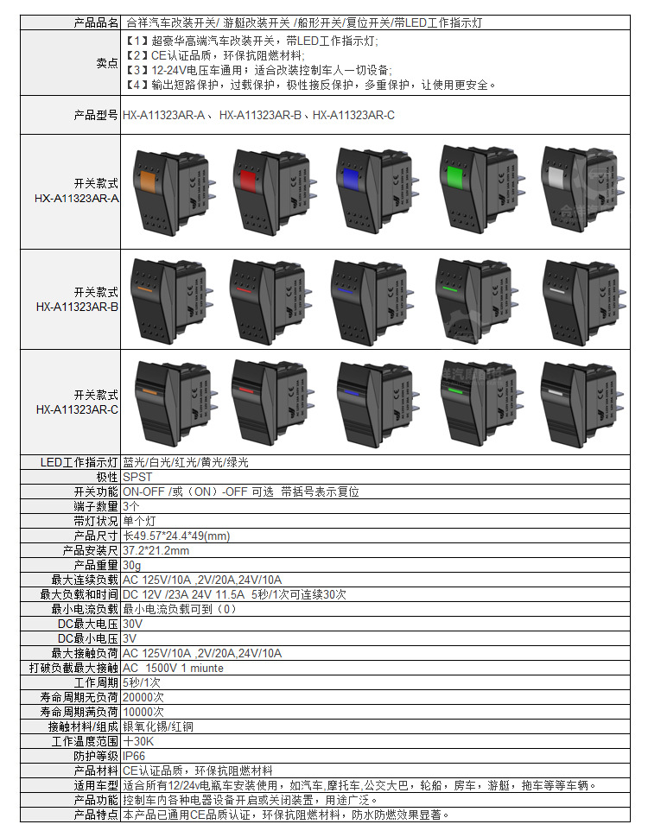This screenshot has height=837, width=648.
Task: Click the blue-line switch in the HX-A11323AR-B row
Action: [x=372, y=298]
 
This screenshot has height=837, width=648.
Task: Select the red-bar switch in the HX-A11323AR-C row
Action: [x=270, y=396]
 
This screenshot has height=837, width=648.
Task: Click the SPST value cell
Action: [x=137, y=477]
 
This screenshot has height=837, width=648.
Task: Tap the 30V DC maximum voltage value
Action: [x=133, y=624]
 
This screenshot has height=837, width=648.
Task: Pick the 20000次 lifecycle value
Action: [x=143, y=697]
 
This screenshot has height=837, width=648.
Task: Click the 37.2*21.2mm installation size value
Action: [x=156, y=550]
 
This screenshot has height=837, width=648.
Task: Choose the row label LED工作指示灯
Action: [x=79, y=462]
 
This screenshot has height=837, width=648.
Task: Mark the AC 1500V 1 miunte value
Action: [x=173, y=668]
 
